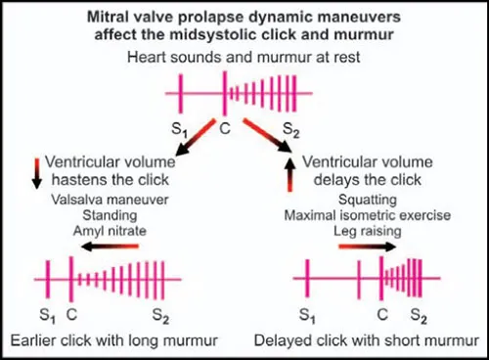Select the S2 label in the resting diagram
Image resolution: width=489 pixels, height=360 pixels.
(x=290, y=129)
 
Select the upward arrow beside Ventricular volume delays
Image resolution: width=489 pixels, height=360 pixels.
(x=289, y=173)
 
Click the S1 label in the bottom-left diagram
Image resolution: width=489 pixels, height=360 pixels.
(x=46, y=316)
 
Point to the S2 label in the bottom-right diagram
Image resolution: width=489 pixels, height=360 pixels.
(x=420, y=316)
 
